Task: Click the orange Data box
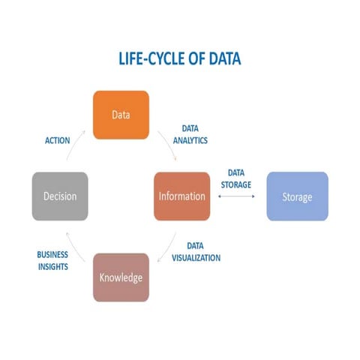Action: tap(120, 115)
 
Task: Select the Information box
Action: tap(181, 196)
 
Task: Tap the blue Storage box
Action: tap(297, 196)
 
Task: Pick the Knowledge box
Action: tap(121, 277)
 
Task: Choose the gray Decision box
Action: tap(60, 196)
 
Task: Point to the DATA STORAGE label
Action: tap(236, 178)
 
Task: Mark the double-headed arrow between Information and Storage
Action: tap(237, 196)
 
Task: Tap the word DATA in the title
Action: tap(223, 59)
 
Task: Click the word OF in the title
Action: tap(190, 59)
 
